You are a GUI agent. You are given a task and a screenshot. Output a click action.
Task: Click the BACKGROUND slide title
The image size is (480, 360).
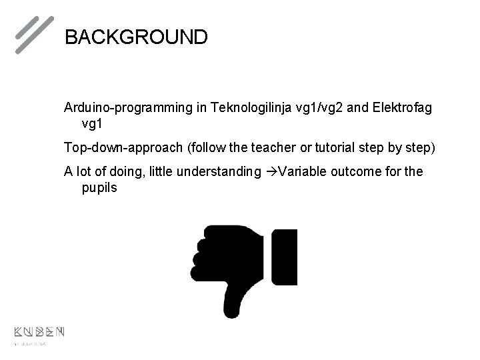coord(136,36)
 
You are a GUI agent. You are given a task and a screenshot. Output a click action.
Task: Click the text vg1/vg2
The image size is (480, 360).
coord(319,107)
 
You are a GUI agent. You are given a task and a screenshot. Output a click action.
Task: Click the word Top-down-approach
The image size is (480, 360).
coord(124,147)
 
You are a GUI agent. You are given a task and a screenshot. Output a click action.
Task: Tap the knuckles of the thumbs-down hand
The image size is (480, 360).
coord(199,257)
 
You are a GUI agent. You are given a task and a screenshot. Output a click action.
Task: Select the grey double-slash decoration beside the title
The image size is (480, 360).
coord(34,34)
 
